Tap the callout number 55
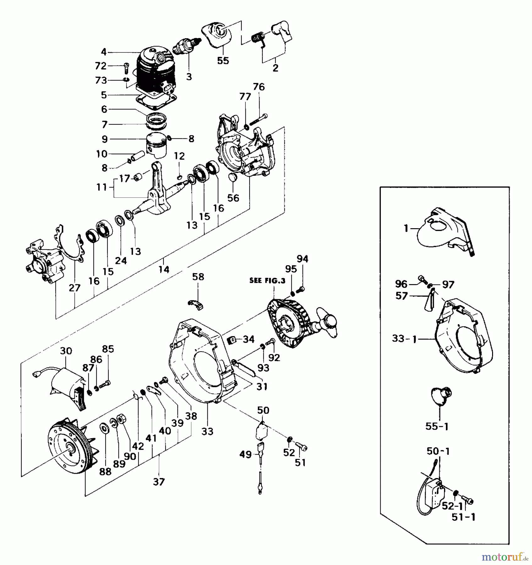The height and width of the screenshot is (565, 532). click(223, 61)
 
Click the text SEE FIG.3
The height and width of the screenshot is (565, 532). click(267, 281)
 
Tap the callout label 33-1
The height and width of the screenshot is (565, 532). click(404, 339)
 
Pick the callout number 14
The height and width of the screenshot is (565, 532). click(164, 269)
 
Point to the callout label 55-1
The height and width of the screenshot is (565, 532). click(437, 426)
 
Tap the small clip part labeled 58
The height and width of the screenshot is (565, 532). click(195, 305)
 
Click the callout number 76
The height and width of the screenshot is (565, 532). click(259, 87)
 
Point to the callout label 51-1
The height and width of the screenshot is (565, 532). click(463, 517)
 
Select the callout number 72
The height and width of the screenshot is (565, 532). click(101, 66)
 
